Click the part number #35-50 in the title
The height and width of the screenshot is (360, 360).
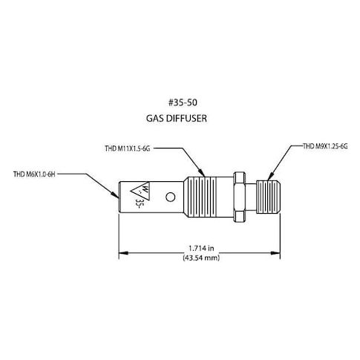point(183,102)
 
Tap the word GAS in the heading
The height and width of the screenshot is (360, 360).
point(155,118)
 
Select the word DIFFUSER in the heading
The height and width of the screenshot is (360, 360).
point(186,118)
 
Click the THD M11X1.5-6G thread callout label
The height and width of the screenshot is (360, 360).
point(128,148)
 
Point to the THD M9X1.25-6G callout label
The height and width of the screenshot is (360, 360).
point(325,146)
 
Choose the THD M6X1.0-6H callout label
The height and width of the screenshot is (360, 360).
point(34,174)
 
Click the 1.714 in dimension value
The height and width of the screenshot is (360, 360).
point(201,248)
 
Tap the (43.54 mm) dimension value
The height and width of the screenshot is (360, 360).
point(201,258)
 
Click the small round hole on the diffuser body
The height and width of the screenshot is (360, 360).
point(171,197)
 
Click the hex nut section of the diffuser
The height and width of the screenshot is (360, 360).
point(240,197)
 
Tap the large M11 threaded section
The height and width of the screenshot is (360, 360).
point(201,197)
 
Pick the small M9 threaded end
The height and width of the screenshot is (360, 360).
point(268,197)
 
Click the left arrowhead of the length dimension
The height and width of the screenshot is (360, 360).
point(124,253)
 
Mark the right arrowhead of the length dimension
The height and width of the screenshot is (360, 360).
point(275,253)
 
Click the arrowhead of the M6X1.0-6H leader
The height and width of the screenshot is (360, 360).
point(116,195)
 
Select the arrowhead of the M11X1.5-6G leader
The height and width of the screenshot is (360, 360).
point(202,173)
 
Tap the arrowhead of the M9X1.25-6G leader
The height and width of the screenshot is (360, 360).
point(270,177)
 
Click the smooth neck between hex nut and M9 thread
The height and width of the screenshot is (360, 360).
point(251,197)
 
